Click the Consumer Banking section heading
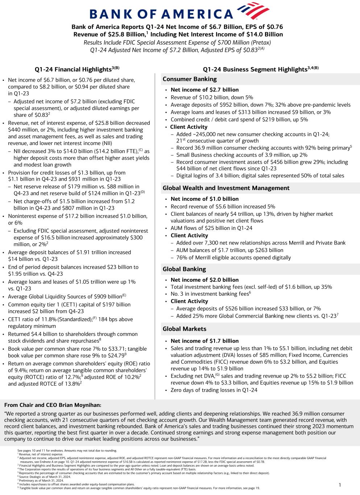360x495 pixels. point(190,79)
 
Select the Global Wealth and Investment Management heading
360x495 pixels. point(226,188)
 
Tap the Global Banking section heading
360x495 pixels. point(184,269)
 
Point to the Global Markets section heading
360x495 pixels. point(185,329)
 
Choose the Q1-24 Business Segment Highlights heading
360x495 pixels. point(260,69)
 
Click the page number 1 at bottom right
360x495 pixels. point(340,485)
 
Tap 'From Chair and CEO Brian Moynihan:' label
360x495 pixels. point(53,405)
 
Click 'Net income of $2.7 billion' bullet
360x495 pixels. point(204,90)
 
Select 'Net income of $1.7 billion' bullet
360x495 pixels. point(204,341)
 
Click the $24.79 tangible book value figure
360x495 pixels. point(113,356)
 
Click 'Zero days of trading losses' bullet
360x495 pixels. point(214,390)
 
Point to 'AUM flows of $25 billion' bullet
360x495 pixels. point(211,228)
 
